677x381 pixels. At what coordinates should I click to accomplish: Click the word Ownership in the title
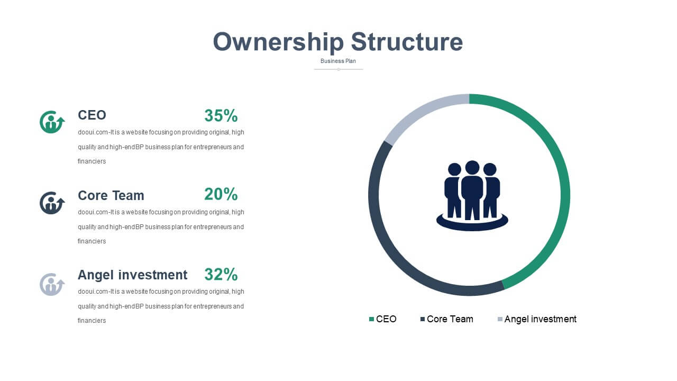click(278, 42)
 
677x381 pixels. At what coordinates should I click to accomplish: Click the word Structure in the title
click(407, 42)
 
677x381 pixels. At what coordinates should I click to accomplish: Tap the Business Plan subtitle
click(338, 61)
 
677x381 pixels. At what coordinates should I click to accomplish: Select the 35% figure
click(221, 115)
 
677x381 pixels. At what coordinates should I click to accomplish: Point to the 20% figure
click(221, 194)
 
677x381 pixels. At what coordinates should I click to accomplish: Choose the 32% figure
click(221, 275)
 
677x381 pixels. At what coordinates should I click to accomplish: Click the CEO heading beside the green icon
click(92, 115)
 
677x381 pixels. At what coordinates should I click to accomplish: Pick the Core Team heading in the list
click(111, 195)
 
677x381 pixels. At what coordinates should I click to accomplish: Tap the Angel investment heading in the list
click(132, 275)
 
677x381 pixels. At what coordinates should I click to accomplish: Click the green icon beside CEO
click(52, 122)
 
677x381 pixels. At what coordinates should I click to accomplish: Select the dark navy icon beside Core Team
click(52, 203)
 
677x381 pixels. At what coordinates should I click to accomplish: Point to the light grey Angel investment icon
click(52, 285)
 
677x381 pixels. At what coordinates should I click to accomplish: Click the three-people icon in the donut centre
click(472, 196)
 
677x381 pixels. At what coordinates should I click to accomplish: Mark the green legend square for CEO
click(371, 319)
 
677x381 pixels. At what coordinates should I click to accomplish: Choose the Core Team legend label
click(450, 319)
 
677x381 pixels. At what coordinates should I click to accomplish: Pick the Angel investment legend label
click(541, 319)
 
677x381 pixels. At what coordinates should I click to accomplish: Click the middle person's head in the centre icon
click(472, 168)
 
